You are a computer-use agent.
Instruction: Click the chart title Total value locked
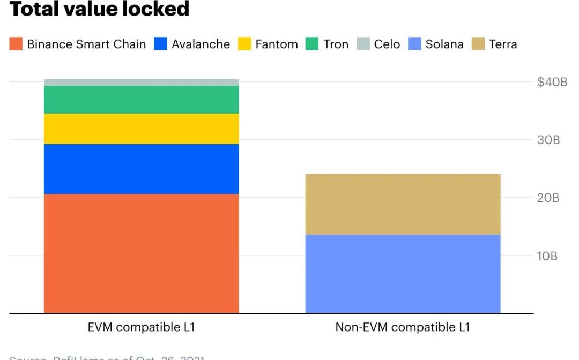click(100, 9)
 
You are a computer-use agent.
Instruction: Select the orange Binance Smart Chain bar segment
click(141, 253)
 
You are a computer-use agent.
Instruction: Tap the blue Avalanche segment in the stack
click(141, 169)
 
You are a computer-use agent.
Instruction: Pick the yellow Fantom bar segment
click(141, 129)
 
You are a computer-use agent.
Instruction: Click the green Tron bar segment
click(141, 100)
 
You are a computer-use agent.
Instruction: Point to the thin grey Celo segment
click(141, 82)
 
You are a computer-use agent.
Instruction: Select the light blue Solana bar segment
click(403, 273)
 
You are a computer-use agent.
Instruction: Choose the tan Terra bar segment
click(403, 204)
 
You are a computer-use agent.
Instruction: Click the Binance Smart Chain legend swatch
click(16, 44)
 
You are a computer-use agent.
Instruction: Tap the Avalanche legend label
click(201, 44)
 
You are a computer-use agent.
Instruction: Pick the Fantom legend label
click(276, 44)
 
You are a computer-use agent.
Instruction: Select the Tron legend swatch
click(312, 44)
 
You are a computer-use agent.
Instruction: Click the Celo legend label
click(387, 44)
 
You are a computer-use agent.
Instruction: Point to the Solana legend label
click(444, 44)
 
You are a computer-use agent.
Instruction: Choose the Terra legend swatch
click(478, 44)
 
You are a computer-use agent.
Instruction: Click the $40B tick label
click(552, 82)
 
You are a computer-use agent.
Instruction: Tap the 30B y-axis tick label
click(548, 140)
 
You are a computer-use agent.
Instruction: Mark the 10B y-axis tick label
click(547, 256)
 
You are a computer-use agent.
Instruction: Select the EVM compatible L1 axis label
click(141, 327)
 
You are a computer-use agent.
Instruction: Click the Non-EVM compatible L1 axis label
click(403, 327)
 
